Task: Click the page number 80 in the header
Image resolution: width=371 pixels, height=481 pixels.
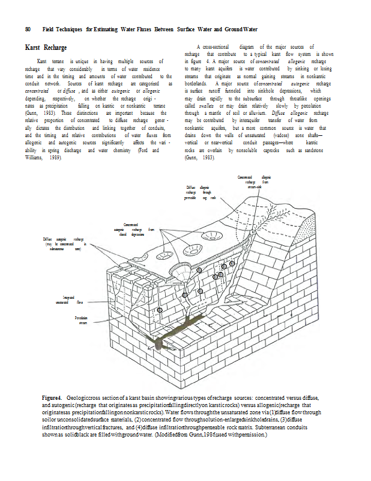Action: pos(28,29)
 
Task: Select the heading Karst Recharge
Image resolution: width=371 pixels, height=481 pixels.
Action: pos(46,47)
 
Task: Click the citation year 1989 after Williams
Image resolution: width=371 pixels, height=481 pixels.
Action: pos(56,157)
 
